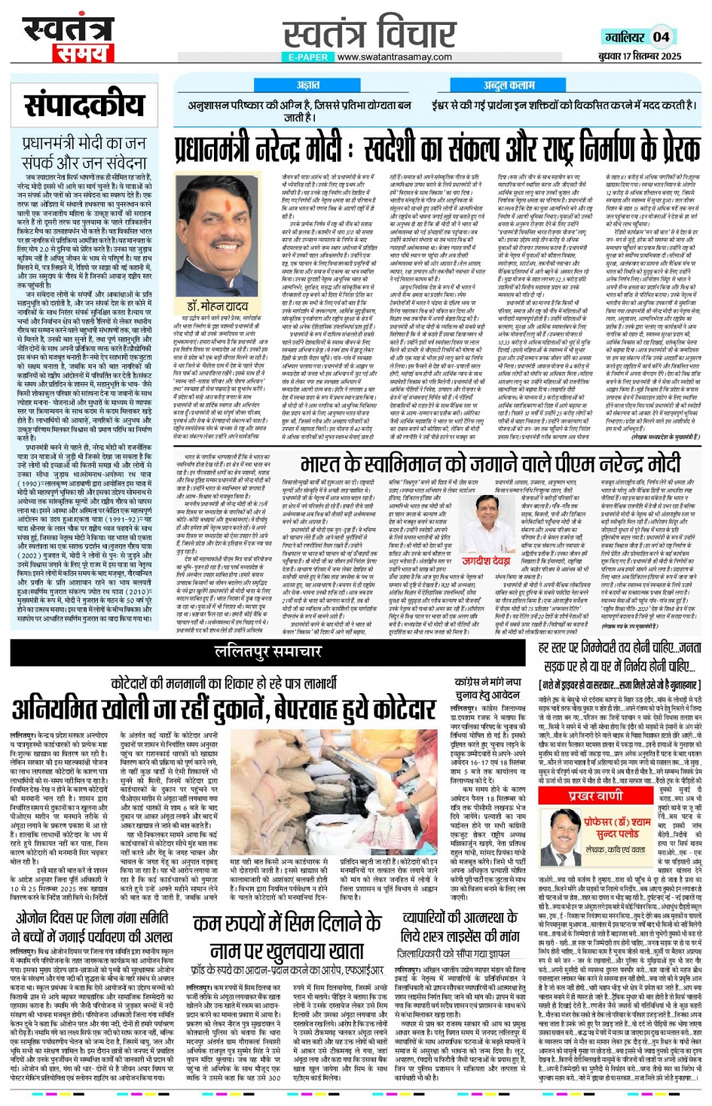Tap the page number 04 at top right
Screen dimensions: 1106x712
point(661,36)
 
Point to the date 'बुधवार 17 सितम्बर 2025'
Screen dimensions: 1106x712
point(640,56)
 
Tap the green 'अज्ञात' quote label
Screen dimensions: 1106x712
point(307,85)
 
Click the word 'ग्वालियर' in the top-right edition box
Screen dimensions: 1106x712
point(625,37)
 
